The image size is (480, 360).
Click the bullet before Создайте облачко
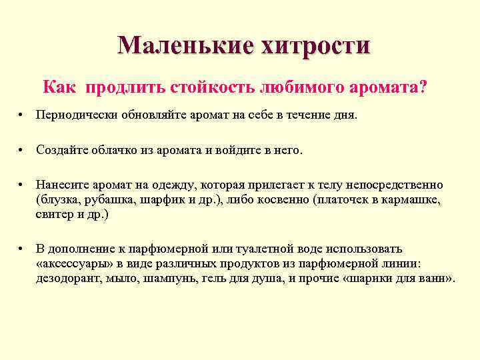22,151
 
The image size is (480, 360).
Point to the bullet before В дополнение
22,249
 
